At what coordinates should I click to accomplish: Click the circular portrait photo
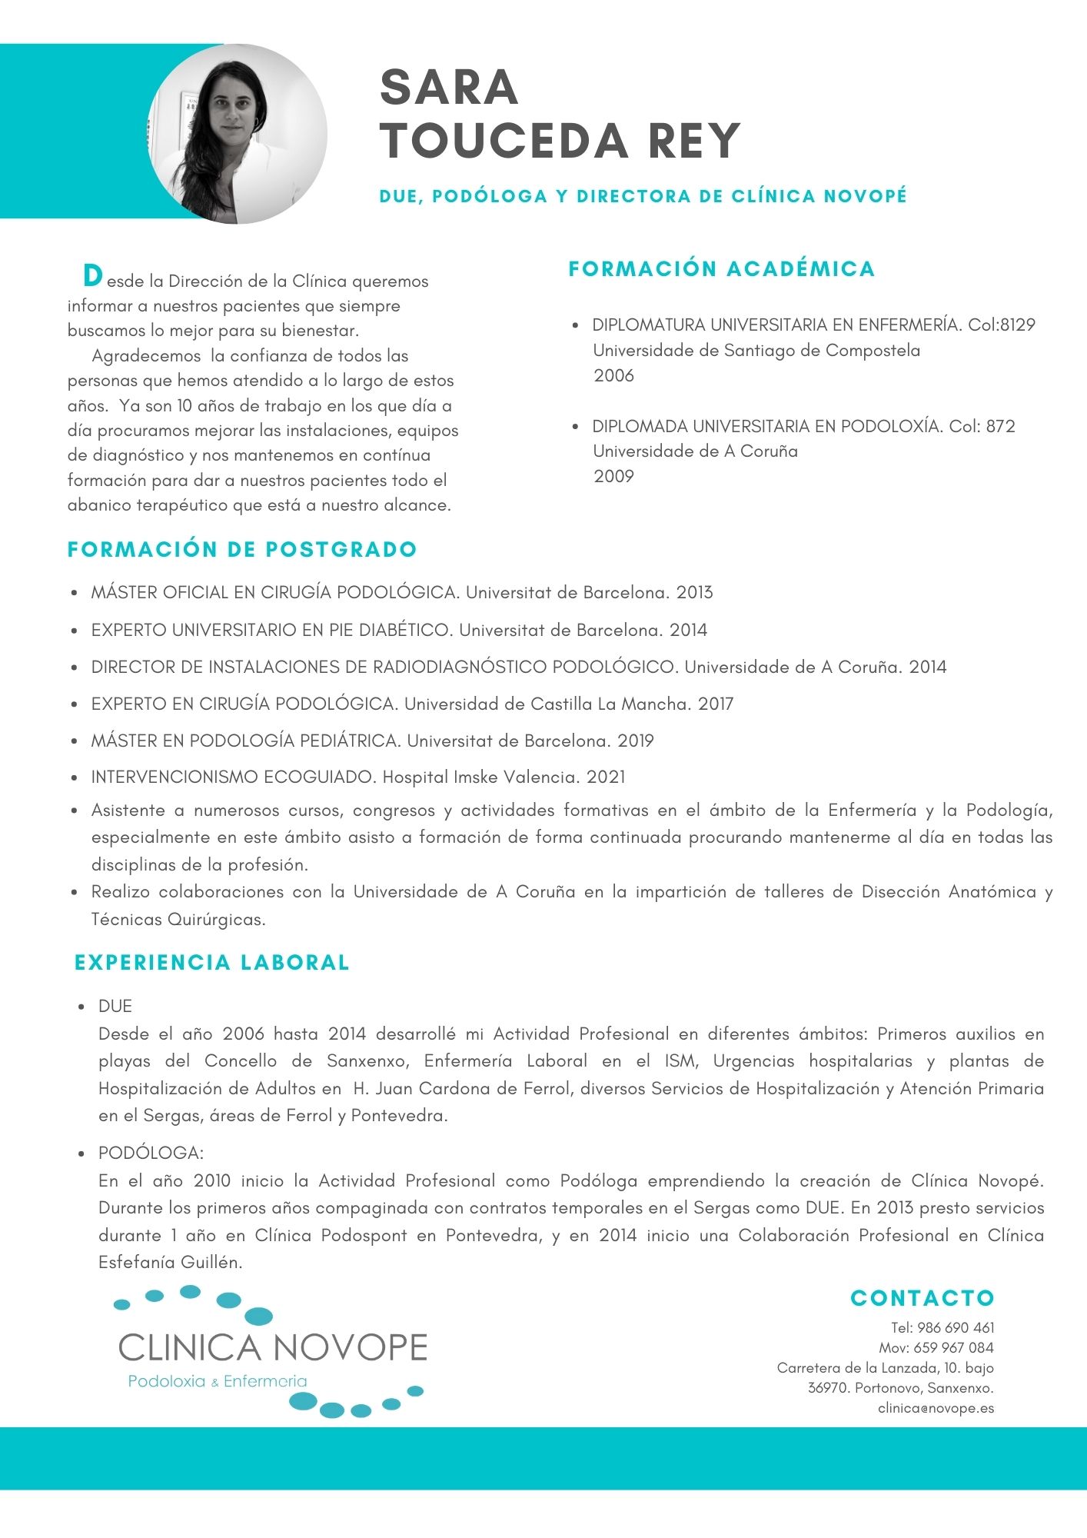pyautogui.click(x=237, y=134)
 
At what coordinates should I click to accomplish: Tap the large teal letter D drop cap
pyautogui.click(x=92, y=275)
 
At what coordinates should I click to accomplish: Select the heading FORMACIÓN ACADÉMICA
pyautogui.click(x=721, y=269)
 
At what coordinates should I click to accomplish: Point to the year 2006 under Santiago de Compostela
pyautogui.click(x=613, y=375)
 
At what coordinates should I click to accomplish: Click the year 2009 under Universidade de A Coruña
pyautogui.click(x=613, y=476)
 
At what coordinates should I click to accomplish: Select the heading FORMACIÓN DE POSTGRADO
pyautogui.click(x=242, y=549)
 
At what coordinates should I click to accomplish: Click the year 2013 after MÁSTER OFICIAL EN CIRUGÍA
pyautogui.click(x=694, y=593)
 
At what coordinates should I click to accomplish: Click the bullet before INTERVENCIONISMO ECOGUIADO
pyautogui.click(x=75, y=778)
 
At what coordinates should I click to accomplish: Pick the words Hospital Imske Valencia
pyautogui.click(x=480, y=777)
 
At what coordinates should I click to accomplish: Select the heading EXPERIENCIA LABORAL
pyautogui.click(x=212, y=962)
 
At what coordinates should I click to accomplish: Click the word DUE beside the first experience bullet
pyautogui.click(x=115, y=1006)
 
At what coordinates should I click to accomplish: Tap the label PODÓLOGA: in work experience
pyautogui.click(x=151, y=1153)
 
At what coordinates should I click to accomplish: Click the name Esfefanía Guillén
pyautogui.click(x=170, y=1262)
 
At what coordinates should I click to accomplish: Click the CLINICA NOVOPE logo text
pyautogui.click(x=273, y=1348)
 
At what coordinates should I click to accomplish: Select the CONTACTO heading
pyautogui.click(x=922, y=1298)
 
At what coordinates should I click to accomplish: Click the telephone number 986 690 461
pyautogui.click(x=956, y=1327)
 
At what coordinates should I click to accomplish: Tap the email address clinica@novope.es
pyautogui.click(x=936, y=1408)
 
